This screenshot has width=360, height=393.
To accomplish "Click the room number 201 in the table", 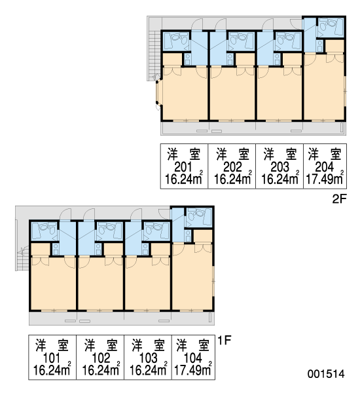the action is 183,167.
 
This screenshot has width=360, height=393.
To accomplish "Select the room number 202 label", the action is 232,167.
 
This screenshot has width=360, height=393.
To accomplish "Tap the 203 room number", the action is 279,167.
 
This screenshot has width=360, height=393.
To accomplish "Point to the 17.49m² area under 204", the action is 325,179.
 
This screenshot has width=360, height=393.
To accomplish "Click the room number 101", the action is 52,358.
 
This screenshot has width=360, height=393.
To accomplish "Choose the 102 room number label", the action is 101,358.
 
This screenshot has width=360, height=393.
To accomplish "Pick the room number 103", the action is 148,358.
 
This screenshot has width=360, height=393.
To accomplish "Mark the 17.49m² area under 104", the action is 193,370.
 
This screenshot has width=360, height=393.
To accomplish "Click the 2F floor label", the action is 339,199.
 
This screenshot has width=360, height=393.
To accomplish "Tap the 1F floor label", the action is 225,341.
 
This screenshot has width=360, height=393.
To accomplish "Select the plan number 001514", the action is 326,374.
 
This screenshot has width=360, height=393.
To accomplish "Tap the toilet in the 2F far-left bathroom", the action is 177,39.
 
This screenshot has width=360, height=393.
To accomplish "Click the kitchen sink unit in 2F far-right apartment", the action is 320,46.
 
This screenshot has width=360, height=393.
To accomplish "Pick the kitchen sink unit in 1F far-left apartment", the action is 56,250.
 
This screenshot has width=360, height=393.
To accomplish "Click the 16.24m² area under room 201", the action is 184,179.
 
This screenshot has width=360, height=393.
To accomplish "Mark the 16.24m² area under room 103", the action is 149,370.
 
